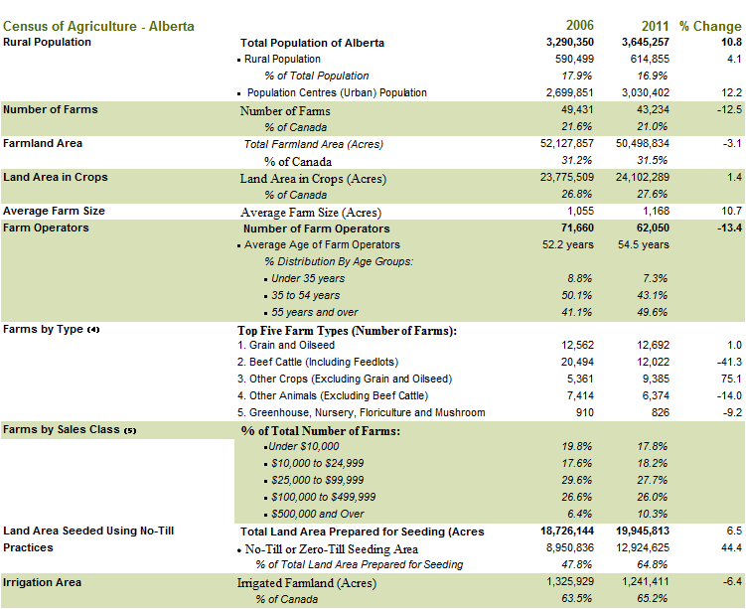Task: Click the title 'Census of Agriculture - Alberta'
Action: [x=98, y=26]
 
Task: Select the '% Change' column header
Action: [x=710, y=26]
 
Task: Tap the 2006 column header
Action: [x=579, y=25]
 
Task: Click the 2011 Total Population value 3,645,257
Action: [x=645, y=43]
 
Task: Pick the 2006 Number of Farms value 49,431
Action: [x=577, y=109]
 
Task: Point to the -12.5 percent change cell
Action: [x=729, y=109]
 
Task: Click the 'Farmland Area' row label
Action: [x=43, y=143]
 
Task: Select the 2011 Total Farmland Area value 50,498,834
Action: [x=643, y=143]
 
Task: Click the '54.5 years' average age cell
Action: [x=644, y=244]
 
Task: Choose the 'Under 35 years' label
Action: [x=308, y=278]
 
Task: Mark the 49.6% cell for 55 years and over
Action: [x=653, y=312]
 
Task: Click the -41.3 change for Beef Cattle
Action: [x=729, y=362]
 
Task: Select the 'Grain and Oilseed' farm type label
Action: [x=292, y=345]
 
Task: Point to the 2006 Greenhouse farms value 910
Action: [x=585, y=412]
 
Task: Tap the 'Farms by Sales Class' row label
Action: [x=70, y=429]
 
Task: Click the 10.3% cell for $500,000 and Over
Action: [x=653, y=514]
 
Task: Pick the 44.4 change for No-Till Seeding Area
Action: [x=731, y=547]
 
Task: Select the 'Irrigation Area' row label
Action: [x=42, y=582]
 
